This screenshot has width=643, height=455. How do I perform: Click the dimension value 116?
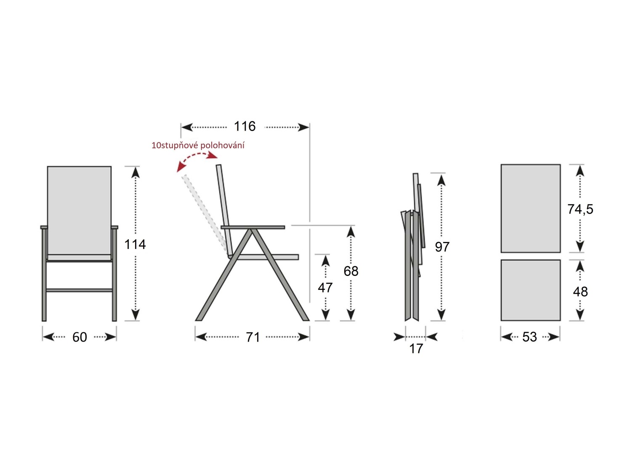pyautogui.click(x=244, y=126)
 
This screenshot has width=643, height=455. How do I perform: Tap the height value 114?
pyautogui.click(x=135, y=245)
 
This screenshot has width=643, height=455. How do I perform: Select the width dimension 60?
pyautogui.click(x=80, y=337)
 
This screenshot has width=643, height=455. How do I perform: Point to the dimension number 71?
pyautogui.click(x=252, y=337)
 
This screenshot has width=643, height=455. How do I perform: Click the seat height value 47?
pyautogui.click(x=325, y=288)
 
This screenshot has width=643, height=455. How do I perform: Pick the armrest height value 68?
pyautogui.click(x=351, y=271)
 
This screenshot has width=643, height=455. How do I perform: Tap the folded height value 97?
pyautogui.click(x=442, y=247)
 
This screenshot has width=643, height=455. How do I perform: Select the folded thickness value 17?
pyautogui.click(x=416, y=349)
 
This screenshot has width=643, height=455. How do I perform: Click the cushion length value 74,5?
pyautogui.click(x=580, y=209)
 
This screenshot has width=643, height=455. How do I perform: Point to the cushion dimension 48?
pyautogui.click(x=580, y=292)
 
